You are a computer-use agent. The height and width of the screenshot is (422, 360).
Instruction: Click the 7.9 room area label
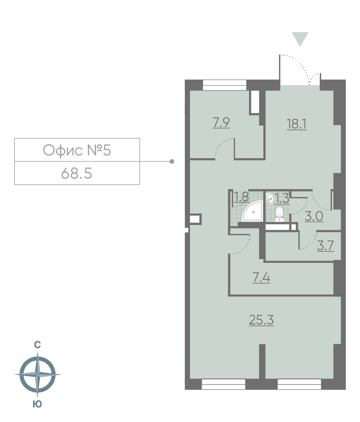[x=221, y=123]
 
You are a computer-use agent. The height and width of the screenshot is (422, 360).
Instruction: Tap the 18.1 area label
[x=297, y=124]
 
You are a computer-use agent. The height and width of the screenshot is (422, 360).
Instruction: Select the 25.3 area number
[x=261, y=320]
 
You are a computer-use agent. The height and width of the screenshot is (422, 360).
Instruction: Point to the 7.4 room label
[x=261, y=278]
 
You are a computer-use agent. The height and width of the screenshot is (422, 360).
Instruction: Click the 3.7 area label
[x=325, y=245]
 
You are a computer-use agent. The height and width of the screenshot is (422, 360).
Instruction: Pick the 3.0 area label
[x=314, y=216]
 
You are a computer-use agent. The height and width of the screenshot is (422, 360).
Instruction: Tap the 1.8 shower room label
[x=241, y=197]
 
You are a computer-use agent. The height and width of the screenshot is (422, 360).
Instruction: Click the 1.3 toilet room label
[x=282, y=198]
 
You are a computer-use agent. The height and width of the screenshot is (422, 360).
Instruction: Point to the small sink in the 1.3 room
[x=270, y=198]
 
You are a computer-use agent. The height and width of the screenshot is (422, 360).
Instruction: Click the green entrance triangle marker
[x=300, y=39]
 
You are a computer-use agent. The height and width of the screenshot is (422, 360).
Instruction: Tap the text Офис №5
[x=77, y=150]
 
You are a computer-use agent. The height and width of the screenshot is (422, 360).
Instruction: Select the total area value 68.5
[x=76, y=174]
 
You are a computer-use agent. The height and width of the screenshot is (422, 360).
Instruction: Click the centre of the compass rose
[x=37, y=374]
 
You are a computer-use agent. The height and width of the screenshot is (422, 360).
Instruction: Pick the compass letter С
[x=37, y=345]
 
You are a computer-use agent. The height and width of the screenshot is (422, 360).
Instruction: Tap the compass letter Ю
[x=37, y=404]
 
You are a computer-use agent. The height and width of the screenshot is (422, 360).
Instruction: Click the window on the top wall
[x=225, y=85]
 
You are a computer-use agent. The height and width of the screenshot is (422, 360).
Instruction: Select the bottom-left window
[x=224, y=384]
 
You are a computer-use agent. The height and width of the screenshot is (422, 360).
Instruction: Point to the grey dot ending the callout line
[x=172, y=162]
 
